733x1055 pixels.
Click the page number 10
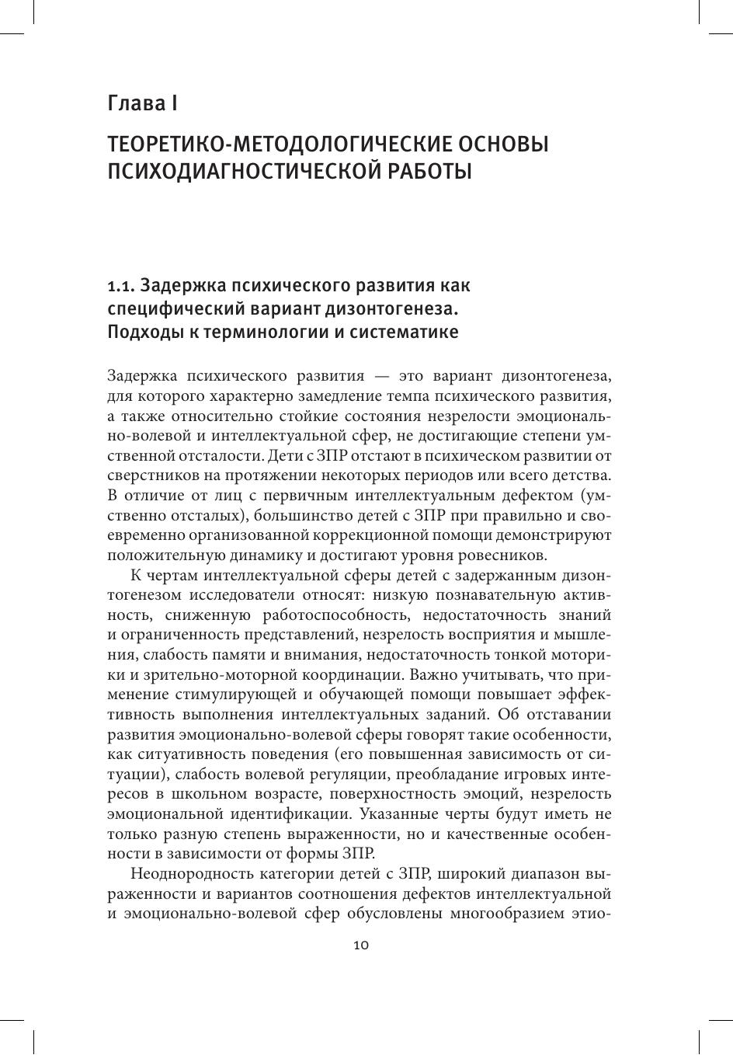(361, 945)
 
